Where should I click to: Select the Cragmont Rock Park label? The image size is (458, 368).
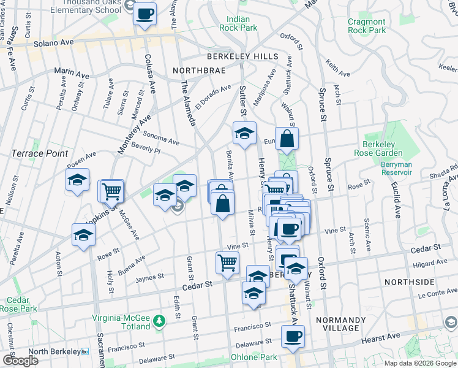(367, 26)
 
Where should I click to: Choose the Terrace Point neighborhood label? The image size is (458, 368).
(39, 153)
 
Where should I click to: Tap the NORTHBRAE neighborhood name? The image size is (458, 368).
(198, 71)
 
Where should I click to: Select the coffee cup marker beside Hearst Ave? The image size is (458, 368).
(293, 336)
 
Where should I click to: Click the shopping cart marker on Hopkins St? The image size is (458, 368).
(111, 191)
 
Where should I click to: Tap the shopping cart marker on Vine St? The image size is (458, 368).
(227, 263)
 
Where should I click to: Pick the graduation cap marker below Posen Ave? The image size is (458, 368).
(78, 180)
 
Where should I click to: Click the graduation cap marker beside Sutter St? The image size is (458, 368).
(244, 132)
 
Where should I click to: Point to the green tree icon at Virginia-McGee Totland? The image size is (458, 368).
(159, 321)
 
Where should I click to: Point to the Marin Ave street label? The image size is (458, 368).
(72, 74)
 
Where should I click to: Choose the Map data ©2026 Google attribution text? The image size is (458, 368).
(419, 363)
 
